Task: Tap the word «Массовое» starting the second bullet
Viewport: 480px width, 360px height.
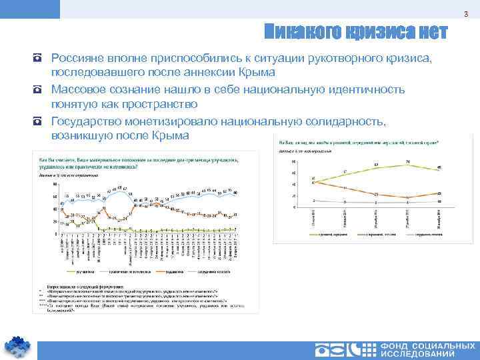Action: click(x=75, y=89)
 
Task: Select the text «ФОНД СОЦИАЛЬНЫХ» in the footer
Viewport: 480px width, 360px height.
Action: click(x=427, y=347)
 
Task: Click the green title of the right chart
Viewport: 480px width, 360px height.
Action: click(x=353, y=143)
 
